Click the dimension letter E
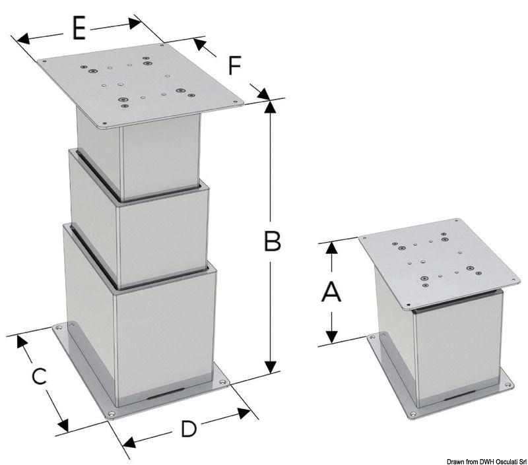(79, 29)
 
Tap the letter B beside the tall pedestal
(272, 242)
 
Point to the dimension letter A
(331, 291)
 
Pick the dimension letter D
(188, 429)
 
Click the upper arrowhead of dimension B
(269, 107)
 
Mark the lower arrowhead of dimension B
(270, 367)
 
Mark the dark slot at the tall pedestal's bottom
(162, 394)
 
